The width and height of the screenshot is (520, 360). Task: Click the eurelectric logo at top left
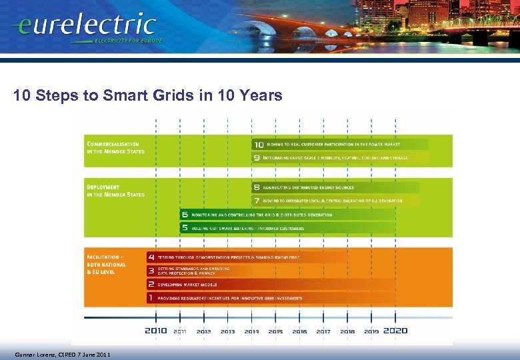point(84,27)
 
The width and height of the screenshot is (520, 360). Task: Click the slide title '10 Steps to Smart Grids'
point(147,96)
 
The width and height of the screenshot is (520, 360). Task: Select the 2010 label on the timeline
point(156,331)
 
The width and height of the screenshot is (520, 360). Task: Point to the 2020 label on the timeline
point(396,331)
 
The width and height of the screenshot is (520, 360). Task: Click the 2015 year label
point(275,331)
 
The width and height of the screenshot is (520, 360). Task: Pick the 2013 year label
point(227,331)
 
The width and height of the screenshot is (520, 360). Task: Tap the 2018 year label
point(347,331)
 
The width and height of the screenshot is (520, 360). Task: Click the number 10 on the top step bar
point(258,144)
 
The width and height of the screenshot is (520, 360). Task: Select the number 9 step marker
point(257,157)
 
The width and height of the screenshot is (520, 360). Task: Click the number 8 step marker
point(257,187)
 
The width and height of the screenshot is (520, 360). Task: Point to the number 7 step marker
point(257,201)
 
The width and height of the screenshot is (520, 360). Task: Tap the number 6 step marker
point(185,215)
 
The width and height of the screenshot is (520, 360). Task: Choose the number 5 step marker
point(185,228)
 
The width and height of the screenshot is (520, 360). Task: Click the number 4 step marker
point(151,257)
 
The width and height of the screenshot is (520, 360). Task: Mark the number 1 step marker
point(151,298)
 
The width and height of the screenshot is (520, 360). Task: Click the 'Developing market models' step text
point(188,285)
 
